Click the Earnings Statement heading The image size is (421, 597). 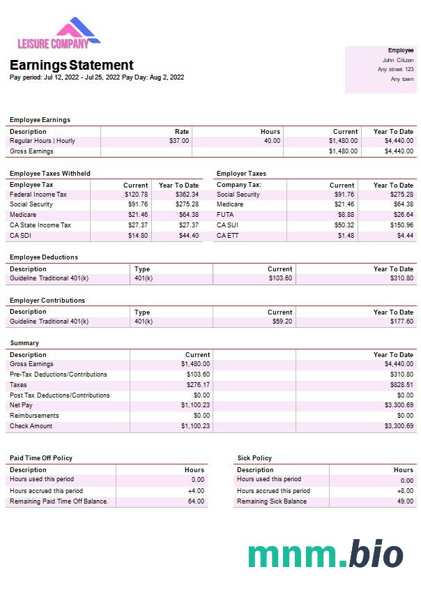(72, 65)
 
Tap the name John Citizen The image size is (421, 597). (398, 60)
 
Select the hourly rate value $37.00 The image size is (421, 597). (179, 141)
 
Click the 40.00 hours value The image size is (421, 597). (272, 141)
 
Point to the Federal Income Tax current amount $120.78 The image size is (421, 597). (136, 195)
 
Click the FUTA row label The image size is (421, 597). (225, 215)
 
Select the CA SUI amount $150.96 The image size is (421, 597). (401, 225)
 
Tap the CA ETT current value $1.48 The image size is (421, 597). (346, 236)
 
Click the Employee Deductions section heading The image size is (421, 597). (44, 257)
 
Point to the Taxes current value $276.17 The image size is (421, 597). (198, 385)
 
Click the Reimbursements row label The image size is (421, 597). (34, 416)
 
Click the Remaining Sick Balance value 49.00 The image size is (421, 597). (405, 501)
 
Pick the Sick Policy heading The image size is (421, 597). (254, 458)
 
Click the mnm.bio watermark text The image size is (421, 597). (325, 554)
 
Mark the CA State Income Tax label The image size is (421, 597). (40, 225)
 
